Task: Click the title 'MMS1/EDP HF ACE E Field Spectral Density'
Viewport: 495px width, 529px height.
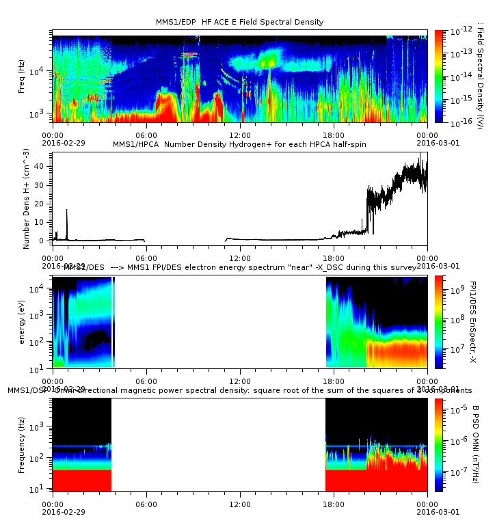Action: point(239,22)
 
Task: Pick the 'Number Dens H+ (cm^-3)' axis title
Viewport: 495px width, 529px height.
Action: point(27,199)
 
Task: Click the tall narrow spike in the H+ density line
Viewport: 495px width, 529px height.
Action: point(67,212)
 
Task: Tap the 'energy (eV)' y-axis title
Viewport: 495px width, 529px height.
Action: point(23,321)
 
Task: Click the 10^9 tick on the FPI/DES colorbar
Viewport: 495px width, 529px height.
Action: point(458,290)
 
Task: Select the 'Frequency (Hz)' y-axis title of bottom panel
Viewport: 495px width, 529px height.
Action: point(23,444)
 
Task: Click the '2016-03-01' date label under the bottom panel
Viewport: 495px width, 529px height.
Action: point(428,511)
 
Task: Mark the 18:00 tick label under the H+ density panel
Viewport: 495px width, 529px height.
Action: point(333,258)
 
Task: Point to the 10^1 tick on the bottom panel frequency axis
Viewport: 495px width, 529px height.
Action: point(42,489)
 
